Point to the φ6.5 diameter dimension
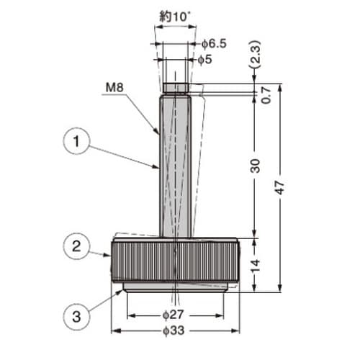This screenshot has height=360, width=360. [x=213, y=44]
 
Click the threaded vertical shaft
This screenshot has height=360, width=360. [x=174, y=166]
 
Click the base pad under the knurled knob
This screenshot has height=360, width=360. [x=176, y=287]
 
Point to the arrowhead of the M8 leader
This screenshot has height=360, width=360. [x=159, y=134]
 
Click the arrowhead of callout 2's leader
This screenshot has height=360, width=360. [x=111, y=256]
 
